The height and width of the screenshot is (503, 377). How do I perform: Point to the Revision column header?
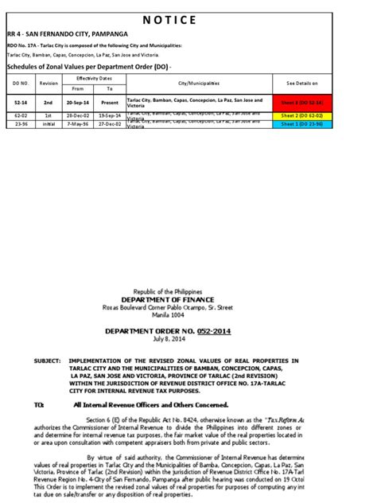(x=48, y=83)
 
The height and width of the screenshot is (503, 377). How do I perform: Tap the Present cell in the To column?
(x=110, y=103)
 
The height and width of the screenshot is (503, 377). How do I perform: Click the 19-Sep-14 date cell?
(x=110, y=116)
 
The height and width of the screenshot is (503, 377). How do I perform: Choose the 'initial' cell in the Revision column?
(x=48, y=123)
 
